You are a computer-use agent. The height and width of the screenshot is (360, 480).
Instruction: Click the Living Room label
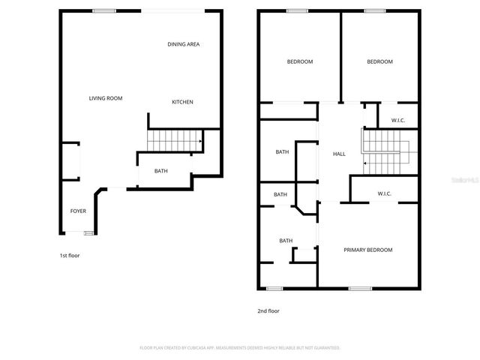click(x=106, y=98)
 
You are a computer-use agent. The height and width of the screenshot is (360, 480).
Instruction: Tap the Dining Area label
click(x=183, y=44)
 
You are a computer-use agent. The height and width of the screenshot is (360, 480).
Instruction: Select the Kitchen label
click(x=183, y=102)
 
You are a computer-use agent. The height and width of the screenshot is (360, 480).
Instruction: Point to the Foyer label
click(x=78, y=211)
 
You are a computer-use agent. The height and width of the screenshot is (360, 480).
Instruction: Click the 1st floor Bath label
click(x=161, y=171)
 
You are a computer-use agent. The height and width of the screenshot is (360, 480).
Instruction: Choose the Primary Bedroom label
click(x=367, y=250)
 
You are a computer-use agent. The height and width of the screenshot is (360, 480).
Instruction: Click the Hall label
click(x=339, y=154)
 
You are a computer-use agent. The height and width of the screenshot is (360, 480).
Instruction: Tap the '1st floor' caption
click(x=70, y=256)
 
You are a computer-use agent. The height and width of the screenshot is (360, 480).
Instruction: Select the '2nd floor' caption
click(x=268, y=310)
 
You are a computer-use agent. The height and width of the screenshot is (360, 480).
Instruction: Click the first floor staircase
click(x=175, y=141)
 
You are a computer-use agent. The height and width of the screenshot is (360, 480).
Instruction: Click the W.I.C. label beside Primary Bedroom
click(x=385, y=193)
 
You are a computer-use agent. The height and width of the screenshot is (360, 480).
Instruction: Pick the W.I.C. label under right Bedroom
click(x=398, y=121)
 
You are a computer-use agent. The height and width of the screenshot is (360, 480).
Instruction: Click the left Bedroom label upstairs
click(x=300, y=61)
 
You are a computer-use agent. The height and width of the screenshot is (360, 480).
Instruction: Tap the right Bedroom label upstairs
click(x=379, y=61)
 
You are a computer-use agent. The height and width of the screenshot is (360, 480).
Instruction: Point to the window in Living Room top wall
click(x=103, y=10)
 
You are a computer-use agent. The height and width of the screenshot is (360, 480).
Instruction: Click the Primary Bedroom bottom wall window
click(x=360, y=288)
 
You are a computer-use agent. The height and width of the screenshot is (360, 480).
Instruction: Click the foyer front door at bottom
click(x=88, y=233)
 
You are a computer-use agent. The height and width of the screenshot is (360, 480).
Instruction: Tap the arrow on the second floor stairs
click(x=365, y=162)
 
